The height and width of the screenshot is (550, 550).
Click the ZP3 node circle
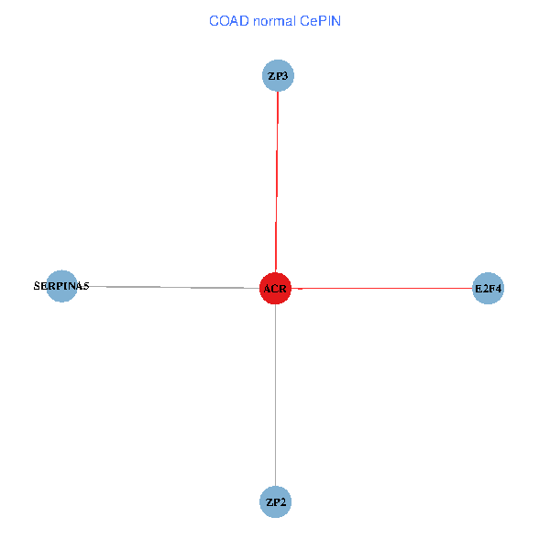coord(278,75)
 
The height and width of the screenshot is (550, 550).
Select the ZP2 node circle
coord(276,502)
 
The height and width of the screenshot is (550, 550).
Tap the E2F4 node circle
coord(488,289)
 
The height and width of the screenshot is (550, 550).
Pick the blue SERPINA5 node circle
coord(61,286)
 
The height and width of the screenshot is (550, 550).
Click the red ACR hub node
coord(275,289)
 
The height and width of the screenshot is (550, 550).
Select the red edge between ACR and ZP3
coord(277,183)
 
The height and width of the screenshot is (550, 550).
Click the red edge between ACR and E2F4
coord(385,289)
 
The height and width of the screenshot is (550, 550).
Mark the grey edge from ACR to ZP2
coord(276,394)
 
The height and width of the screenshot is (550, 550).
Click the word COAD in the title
coord(228,20)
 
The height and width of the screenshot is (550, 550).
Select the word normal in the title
coord(275,20)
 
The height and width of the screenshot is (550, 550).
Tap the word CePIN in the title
coord(321,20)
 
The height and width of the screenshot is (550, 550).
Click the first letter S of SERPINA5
coord(37,286)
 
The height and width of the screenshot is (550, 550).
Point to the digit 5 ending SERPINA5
coord(86,286)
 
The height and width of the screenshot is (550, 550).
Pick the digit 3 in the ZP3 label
coord(286,75)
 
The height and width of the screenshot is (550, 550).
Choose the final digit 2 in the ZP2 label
coord(284,502)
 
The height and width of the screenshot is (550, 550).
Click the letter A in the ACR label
coord(268,290)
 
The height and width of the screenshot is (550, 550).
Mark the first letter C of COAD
coord(214,20)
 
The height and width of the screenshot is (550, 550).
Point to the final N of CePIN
coord(336,20)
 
